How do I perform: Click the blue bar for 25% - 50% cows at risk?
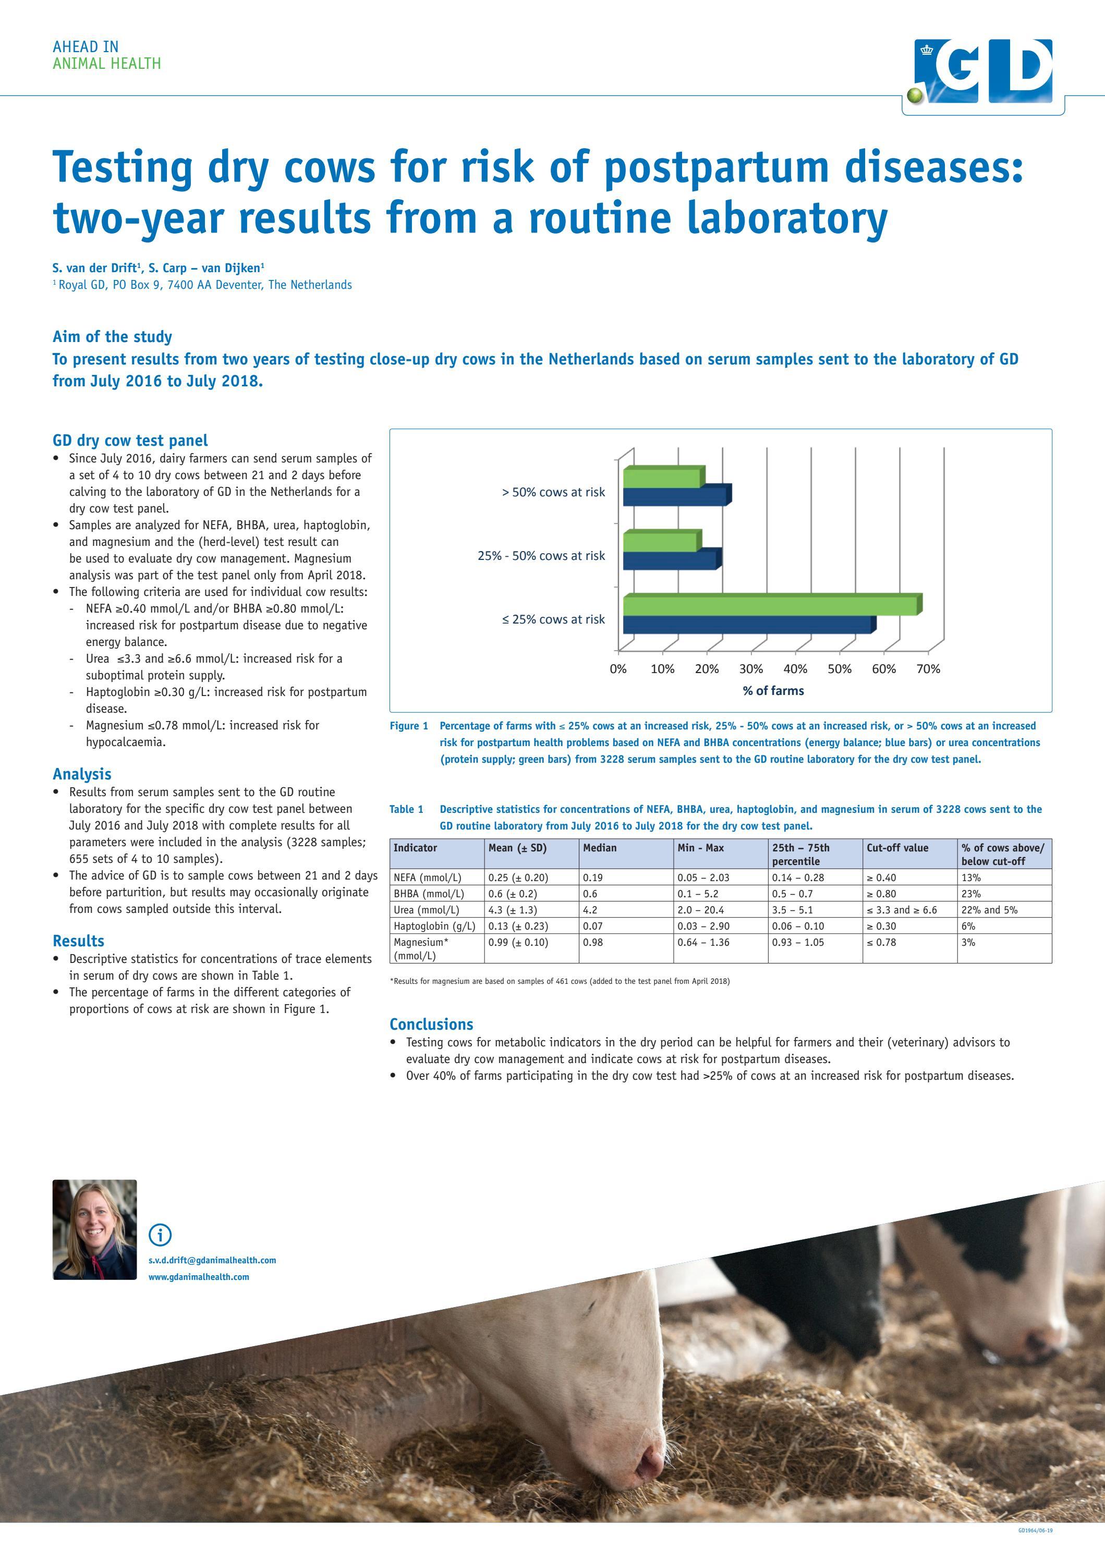tap(670, 560)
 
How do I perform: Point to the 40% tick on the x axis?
tap(795, 669)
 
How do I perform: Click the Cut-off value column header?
tap(897, 848)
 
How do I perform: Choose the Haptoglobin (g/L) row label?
tap(434, 926)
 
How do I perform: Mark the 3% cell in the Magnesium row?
tap(968, 942)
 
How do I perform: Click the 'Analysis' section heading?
tap(82, 774)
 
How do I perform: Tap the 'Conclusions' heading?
tap(431, 1024)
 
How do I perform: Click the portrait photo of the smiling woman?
tap(94, 1229)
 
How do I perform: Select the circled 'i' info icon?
tap(160, 1234)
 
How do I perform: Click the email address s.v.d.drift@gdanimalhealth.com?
tap(212, 1261)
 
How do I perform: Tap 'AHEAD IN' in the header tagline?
tap(85, 47)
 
